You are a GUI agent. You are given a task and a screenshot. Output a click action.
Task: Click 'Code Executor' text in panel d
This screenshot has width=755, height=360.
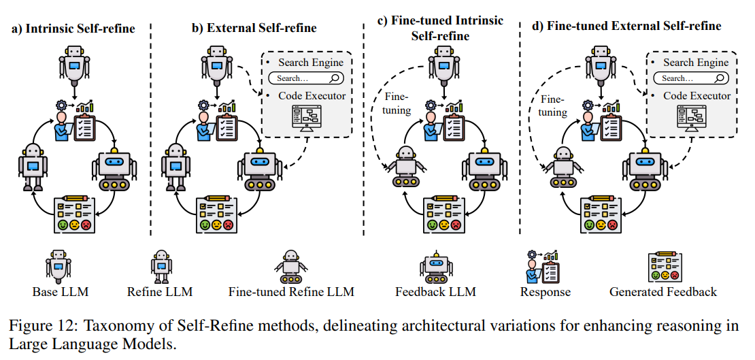[697, 96]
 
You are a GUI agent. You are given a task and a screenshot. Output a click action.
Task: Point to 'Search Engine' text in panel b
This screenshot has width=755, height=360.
[311, 62]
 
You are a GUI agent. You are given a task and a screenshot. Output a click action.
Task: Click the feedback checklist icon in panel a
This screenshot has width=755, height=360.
[75, 214]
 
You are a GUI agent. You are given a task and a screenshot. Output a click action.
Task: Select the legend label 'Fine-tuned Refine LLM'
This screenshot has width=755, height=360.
[292, 292]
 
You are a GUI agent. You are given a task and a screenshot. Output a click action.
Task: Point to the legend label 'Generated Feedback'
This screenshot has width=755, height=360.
[663, 292]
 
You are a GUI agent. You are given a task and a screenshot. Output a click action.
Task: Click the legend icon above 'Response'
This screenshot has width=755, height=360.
[544, 265]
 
